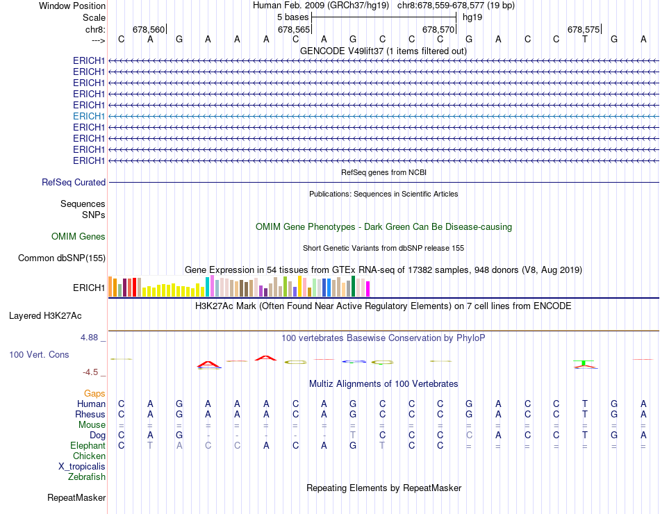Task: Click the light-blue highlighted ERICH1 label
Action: coord(89,116)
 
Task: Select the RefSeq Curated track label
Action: coord(74,182)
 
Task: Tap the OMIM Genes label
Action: coord(79,237)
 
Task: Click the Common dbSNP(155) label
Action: coord(61,258)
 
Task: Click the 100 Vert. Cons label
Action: coord(39,354)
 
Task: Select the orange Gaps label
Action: coord(94,393)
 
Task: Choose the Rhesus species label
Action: coord(90,414)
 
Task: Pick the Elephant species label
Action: coord(88,445)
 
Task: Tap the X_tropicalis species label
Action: coord(82,466)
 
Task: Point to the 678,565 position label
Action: coord(293,30)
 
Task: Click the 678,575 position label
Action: coord(584,30)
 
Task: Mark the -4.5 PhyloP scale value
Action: coord(94,372)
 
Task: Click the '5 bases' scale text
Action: coord(292,17)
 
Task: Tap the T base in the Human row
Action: coord(585,404)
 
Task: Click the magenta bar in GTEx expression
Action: coord(368,288)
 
